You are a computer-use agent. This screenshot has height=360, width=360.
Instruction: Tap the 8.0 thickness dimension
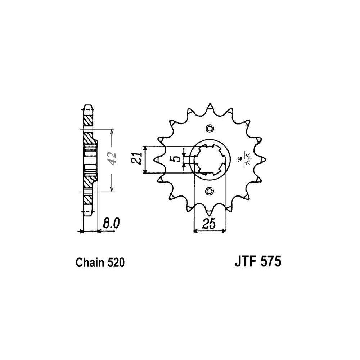[111, 224]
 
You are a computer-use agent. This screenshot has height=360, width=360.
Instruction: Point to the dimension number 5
[176, 159]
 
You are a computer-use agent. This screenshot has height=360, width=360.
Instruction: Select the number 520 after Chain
[116, 263]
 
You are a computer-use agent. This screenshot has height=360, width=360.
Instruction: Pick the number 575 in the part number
[271, 261]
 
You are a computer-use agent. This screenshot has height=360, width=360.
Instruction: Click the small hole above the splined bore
[210, 129]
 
